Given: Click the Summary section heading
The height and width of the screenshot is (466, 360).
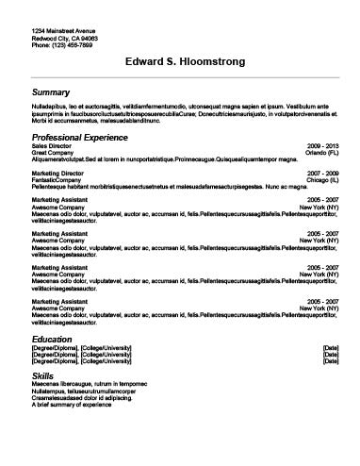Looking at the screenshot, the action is tap(51, 92).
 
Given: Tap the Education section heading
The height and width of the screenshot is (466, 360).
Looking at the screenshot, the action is tap(53, 339).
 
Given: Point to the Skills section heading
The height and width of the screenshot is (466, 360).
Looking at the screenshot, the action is tap(43, 375).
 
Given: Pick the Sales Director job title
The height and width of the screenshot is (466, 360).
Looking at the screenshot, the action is tap(50, 147).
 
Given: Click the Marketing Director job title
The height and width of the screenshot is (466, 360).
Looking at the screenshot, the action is tap(57, 173).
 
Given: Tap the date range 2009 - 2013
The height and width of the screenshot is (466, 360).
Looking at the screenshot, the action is tap(323, 147).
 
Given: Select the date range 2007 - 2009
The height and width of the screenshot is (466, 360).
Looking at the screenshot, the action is tap(323, 173).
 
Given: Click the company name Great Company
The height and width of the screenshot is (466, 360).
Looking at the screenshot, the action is tap(53, 154).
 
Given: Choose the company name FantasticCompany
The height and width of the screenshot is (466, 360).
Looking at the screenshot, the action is tap(57, 179).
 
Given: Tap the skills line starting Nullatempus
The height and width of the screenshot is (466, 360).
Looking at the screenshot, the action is tap(79, 391).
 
